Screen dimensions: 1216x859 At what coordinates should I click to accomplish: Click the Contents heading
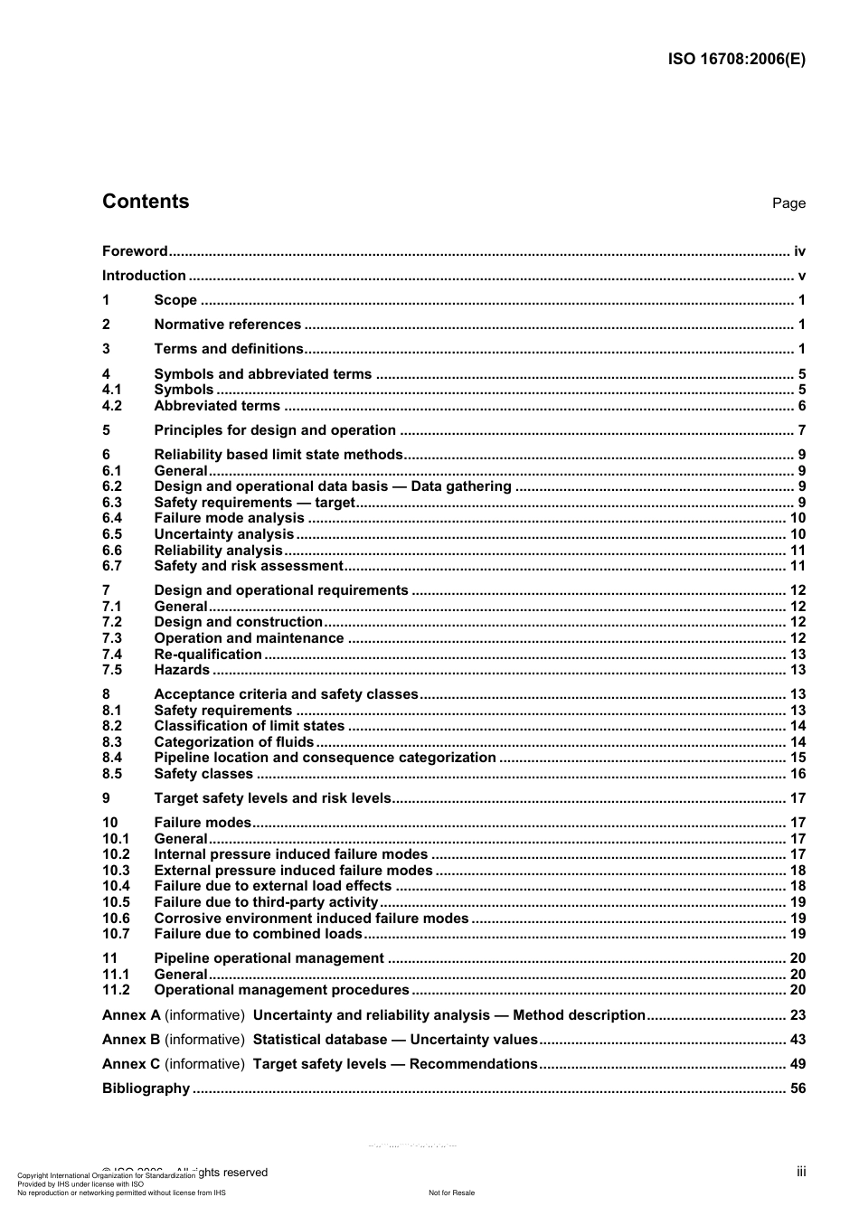[x=146, y=202]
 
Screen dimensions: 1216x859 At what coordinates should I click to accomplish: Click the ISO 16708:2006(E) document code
[x=736, y=60]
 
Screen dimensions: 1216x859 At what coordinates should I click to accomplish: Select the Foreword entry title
[x=135, y=251]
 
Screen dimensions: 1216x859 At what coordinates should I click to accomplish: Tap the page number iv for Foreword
[x=799, y=251]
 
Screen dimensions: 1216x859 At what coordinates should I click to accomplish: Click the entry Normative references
[x=227, y=325]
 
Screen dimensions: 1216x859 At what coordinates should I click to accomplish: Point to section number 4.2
[x=112, y=406]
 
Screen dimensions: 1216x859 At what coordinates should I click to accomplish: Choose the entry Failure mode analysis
[x=229, y=518]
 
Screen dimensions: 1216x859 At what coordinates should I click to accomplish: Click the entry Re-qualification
[x=208, y=655]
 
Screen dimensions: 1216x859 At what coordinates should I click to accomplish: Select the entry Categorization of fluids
[x=233, y=742]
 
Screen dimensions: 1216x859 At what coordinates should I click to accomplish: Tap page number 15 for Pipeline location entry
[x=798, y=758]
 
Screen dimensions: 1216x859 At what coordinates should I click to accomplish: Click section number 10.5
[x=116, y=902]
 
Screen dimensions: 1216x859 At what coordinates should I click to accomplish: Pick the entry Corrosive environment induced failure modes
[x=311, y=919]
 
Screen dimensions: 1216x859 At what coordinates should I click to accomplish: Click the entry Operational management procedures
[x=281, y=990]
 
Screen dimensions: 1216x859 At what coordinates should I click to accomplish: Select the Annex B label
[x=131, y=1040]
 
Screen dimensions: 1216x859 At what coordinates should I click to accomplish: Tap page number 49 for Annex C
[x=798, y=1064]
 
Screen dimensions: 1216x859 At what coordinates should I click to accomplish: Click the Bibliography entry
[x=146, y=1089]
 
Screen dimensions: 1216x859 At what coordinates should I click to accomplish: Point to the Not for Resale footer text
[x=451, y=1192]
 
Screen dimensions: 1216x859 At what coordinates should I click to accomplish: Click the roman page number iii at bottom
[x=801, y=1172]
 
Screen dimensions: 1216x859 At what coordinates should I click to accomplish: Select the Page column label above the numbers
[x=788, y=203]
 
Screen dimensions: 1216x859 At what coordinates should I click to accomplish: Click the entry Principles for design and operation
[x=275, y=430]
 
